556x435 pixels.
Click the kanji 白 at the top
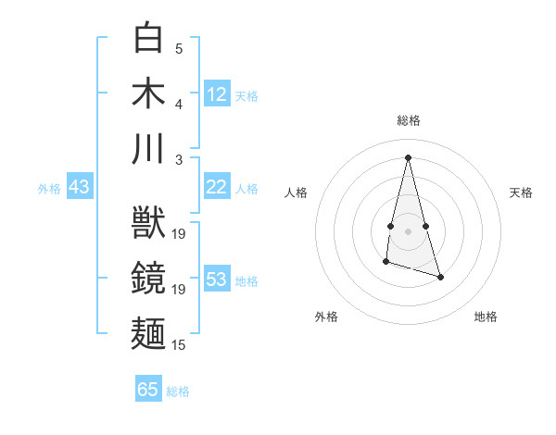tap(149, 39)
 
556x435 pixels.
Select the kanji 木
tap(149, 93)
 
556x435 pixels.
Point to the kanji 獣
tap(149, 225)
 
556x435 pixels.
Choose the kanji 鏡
tap(149, 280)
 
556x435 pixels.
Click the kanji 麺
tap(149, 335)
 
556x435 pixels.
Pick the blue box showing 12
tap(217, 93)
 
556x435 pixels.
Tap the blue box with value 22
tap(217, 187)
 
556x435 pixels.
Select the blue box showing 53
tap(217, 280)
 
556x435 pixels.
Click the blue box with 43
tap(79, 187)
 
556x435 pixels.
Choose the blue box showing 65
tap(148, 390)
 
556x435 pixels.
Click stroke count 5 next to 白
tap(179, 48)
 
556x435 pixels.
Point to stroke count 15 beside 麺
tap(179, 345)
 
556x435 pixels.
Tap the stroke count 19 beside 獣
tap(179, 234)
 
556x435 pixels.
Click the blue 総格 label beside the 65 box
tap(179, 391)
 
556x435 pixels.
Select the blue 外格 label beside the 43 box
tap(49, 189)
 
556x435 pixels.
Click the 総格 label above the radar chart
tap(408, 120)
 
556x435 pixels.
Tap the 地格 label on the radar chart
tap(486, 317)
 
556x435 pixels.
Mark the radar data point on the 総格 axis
tap(408, 157)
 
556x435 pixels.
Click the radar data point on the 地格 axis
tap(440, 277)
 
